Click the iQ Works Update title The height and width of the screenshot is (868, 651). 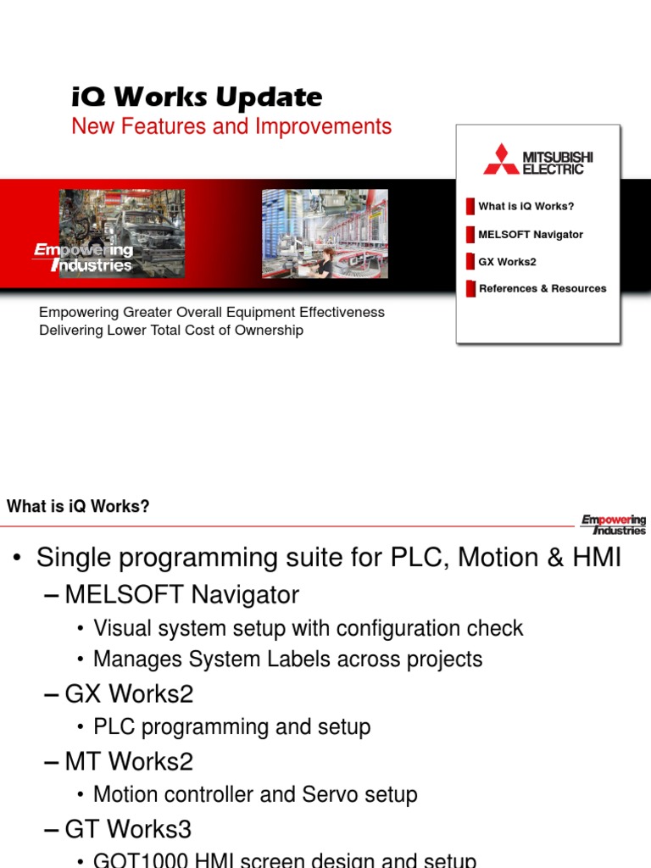[197, 97]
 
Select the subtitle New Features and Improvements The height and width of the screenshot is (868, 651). [231, 126]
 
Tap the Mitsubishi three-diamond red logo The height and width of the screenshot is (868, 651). [501, 159]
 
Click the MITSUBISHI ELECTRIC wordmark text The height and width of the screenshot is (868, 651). [557, 163]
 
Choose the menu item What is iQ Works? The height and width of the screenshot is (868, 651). [526, 206]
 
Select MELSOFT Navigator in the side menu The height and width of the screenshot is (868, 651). [531, 234]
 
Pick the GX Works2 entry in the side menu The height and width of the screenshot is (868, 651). [507, 262]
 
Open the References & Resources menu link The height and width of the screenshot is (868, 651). [542, 288]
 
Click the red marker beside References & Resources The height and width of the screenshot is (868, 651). [470, 288]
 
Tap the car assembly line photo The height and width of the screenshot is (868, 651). [121, 233]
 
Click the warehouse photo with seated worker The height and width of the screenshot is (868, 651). [324, 233]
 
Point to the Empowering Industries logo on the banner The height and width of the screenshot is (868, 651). [83, 258]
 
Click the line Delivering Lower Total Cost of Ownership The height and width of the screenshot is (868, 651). [171, 331]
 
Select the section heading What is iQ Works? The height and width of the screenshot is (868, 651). [78, 507]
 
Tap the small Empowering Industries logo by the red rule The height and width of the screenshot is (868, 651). [613, 525]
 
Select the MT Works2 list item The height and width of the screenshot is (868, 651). [129, 761]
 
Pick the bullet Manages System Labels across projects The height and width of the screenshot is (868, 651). [287, 659]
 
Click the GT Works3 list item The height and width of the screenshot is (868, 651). [128, 828]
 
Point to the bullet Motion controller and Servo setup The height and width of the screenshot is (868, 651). [255, 795]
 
